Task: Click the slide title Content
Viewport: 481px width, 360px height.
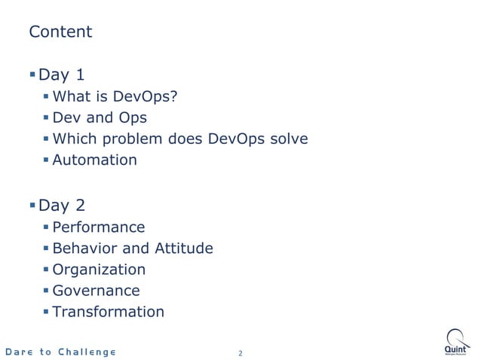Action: tap(60, 32)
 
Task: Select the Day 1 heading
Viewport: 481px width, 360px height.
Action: tap(61, 75)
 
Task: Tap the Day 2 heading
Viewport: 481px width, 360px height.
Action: tap(61, 205)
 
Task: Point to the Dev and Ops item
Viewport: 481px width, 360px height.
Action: tap(100, 117)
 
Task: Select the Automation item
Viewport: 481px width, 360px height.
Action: tap(94, 160)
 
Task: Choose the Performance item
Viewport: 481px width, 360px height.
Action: tap(98, 227)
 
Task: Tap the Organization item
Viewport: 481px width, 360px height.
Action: tap(99, 270)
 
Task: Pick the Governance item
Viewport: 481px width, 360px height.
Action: tap(96, 291)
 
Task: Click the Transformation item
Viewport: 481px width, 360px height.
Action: tap(108, 312)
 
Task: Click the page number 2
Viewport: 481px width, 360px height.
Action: tap(240, 352)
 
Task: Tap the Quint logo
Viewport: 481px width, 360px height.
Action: tap(457, 342)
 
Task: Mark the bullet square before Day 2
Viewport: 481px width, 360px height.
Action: tap(32, 204)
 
